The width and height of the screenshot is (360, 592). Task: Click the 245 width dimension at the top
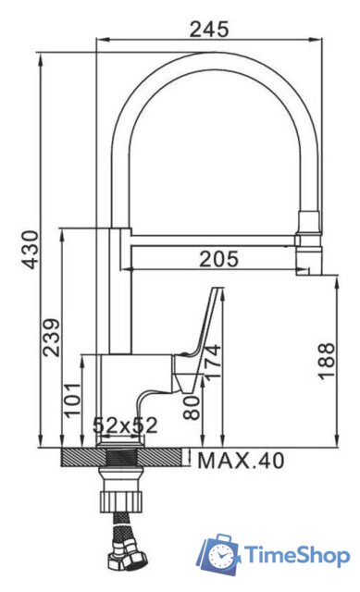pyautogui.click(x=209, y=29)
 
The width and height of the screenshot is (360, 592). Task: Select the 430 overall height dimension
pyautogui.click(x=31, y=250)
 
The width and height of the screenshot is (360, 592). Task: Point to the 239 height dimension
pyautogui.click(x=51, y=339)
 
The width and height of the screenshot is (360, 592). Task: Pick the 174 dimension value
pyautogui.click(x=213, y=366)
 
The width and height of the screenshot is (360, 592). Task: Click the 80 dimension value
pyautogui.click(x=192, y=407)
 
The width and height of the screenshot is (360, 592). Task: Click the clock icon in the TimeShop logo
pyautogui.click(x=221, y=555)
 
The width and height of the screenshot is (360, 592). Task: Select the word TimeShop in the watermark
pyautogui.click(x=297, y=555)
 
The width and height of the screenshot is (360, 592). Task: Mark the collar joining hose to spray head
pyautogui.click(x=307, y=222)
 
